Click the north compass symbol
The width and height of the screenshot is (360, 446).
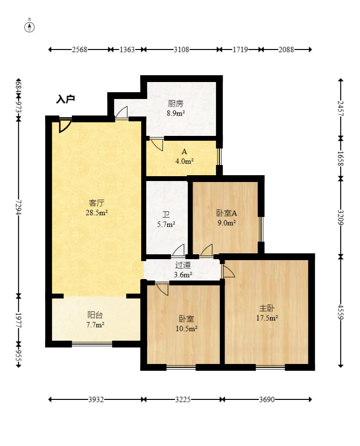click(x=29, y=27)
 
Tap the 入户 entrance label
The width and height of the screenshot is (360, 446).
click(x=65, y=99)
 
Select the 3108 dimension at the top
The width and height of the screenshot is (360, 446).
click(x=181, y=50)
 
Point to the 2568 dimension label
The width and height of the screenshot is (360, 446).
click(x=80, y=50)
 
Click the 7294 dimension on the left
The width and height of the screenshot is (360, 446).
click(x=18, y=207)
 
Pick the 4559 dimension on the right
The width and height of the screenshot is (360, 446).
click(x=341, y=312)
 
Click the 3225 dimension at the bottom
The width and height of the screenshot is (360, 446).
click(x=182, y=399)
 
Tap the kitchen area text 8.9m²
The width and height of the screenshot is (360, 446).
click(x=176, y=113)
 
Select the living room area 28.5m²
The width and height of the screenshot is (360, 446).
click(x=97, y=213)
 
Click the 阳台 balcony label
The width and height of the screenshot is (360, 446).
click(x=95, y=315)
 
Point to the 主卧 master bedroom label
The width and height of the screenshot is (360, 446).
click(x=267, y=308)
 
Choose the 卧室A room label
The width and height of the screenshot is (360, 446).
click(x=227, y=213)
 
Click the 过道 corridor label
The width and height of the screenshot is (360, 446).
click(x=183, y=265)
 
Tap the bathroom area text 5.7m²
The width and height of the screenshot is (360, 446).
click(x=166, y=224)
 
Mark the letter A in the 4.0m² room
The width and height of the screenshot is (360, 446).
click(x=184, y=151)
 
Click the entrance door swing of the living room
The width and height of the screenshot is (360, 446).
click(x=65, y=125)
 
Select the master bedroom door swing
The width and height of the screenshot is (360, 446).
click(x=228, y=271)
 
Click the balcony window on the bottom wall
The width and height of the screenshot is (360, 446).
click(x=92, y=344)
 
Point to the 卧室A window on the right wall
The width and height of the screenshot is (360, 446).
click(x=262, y=229)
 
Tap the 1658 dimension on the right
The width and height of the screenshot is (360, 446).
click(x=341, y=159)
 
